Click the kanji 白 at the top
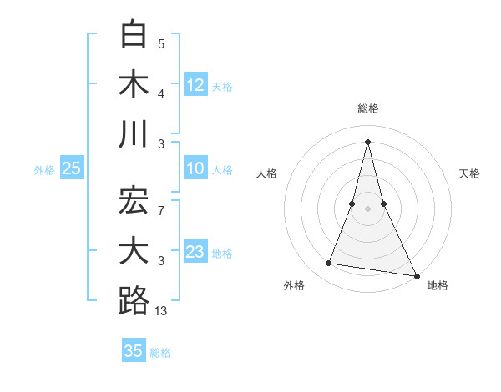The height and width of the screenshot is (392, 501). click(x=134, y=36)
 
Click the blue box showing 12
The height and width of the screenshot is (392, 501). click(x=195, y=85)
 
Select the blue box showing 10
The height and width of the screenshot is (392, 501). click(x=195, y=169)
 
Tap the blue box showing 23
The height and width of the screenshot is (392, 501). click(x=195, y=252)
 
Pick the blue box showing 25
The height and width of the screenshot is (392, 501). click(x=71, y=169)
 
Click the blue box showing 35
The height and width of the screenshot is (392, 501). click(x=134, y=351)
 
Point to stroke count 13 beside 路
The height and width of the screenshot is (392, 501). click(x=161, y=311)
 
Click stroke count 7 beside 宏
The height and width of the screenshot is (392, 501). click(x=162, y=211)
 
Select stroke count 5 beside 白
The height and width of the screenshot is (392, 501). click(x=162, y=44)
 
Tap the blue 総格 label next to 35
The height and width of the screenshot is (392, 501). click(x=160, y=353)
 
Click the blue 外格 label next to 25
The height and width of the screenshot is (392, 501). click(x=44, y=170)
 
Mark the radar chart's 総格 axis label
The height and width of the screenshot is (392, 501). click(x=367, y=108)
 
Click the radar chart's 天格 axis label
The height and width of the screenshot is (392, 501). click(x=469, y=173)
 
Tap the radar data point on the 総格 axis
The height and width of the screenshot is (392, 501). click(x=367, y=141)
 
